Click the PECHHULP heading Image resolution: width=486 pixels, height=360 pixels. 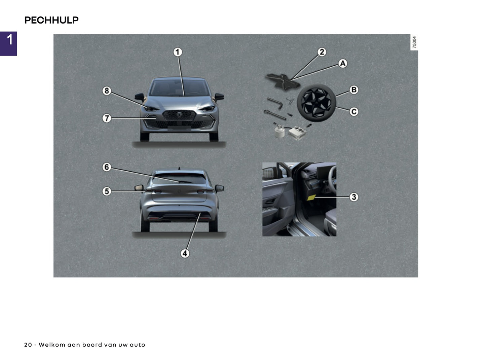pyautogui.click(x=51, y=20)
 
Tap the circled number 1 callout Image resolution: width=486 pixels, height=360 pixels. pyautogui.click(x=178, y=52)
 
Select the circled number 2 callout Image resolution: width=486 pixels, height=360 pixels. pyautogui.click(x=322, y=52)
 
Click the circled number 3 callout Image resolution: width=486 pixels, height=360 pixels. pyautogui.click(x=353, y=197)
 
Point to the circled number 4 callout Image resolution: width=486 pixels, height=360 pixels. pyautogui.click(x=185, y=253)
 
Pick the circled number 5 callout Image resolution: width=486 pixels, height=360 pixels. pyautogui.click(x=107, y=191)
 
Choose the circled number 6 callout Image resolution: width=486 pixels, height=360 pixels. pyautogui.click(x=107, y=167)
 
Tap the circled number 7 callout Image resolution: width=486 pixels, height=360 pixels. pyautogui.click(x=107, y=118)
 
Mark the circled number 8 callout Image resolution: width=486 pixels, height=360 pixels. pyautogui.click(x=107, y=91)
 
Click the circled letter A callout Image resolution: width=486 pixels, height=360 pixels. pyautogui.click(x=342, y=63)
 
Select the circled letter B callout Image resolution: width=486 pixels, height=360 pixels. pyautogui.click(x=353, y=90)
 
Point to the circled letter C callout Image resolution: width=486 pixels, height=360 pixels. pyautogui.click(x=353, y=111)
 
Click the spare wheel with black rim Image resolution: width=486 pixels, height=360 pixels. pyautogui.click(x=316, y=102)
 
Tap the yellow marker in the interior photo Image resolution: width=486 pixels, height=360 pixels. pyautogui.click(x=311, y=197)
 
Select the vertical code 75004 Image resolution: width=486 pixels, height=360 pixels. pyautogui.click(x=414, y=42)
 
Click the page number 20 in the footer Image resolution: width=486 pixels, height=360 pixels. pyautogui.click(x=28, y=345)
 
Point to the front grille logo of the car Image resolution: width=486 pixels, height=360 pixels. pyautogui.click(x=179, y=115)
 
